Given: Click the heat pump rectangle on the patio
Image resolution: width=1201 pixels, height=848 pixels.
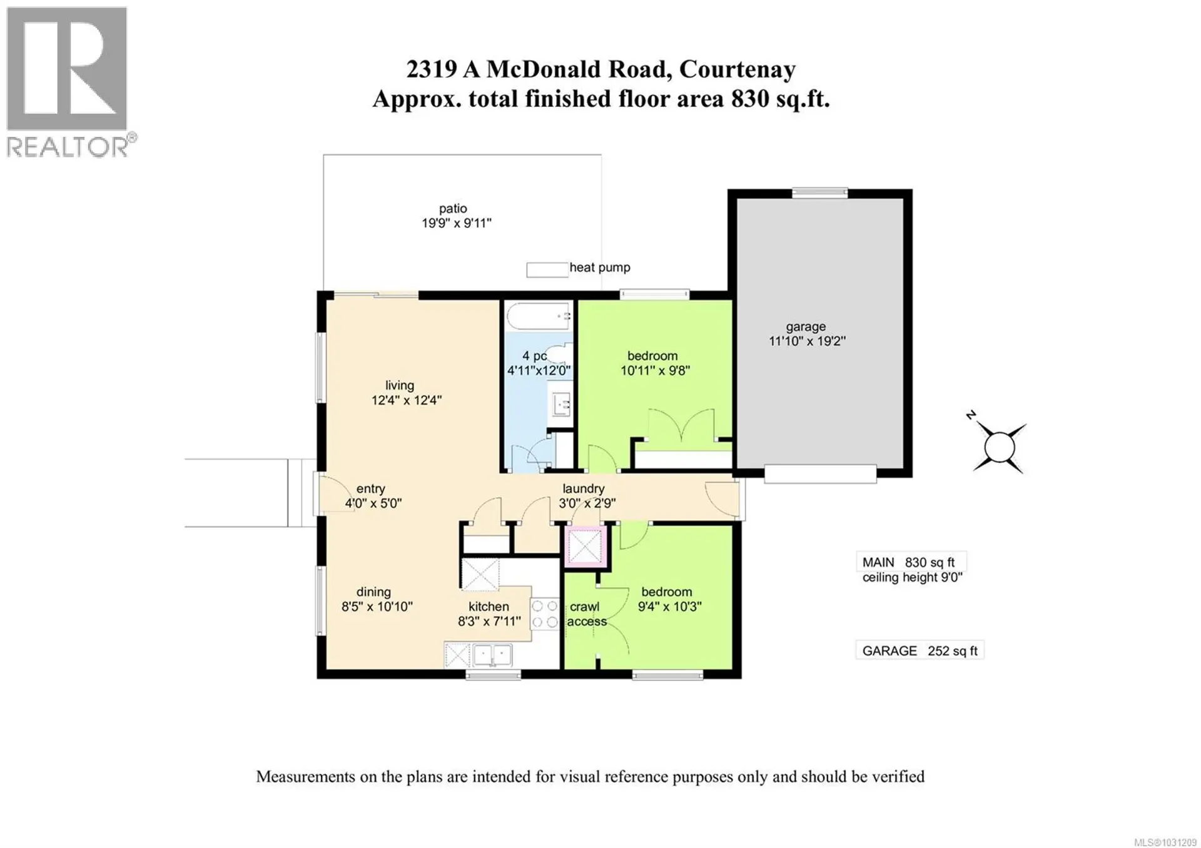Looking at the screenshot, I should (x=547, y=270).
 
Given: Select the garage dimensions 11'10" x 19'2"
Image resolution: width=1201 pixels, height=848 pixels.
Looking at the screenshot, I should (x=807, y=341).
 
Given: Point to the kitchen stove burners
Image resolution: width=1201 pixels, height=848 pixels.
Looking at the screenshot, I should (x=544, y=613).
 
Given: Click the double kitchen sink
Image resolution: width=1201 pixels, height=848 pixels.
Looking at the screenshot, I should (x=492, y=655).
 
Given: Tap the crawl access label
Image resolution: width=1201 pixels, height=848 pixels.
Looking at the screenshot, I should (x=586, y=614).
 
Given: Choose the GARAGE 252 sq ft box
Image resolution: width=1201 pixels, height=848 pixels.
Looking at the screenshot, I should (x=919, y=651).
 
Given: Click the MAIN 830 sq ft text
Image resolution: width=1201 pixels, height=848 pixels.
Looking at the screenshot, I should (x=908, y=562).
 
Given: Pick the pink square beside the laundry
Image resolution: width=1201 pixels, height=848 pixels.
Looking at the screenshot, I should (x=585, y=547).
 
